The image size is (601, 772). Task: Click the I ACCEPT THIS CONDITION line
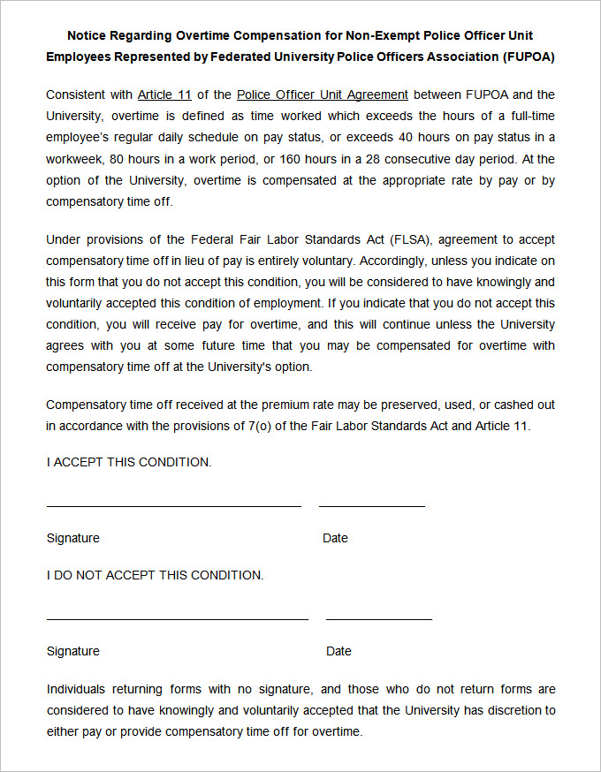[129, 462]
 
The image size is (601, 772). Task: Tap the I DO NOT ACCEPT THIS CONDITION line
[155, 575]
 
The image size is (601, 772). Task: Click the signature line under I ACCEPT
[173, 506]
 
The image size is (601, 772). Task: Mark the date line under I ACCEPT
[371, 506]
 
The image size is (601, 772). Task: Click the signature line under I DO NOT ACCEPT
[177, 619]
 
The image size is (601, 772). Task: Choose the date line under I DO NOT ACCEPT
[378, 619]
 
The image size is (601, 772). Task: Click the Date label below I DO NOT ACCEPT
[339, 651]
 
